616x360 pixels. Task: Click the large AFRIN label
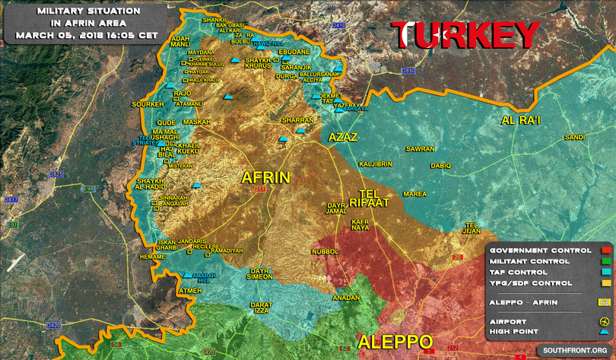click(x=265, y=178)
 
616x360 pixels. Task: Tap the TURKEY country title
click(x=465, y=35)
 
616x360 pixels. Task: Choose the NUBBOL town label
click(x=325, y=251)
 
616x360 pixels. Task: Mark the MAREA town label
click(x=414, y=194)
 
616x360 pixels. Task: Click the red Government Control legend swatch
click(x=605, y=250)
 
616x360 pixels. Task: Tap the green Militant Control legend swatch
click(x=605, y=261)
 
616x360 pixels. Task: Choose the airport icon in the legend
click(x=605, y=321)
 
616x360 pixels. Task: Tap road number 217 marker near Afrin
click(x=261, y=190)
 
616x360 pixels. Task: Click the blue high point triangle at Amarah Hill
click(x=188, y=276)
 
